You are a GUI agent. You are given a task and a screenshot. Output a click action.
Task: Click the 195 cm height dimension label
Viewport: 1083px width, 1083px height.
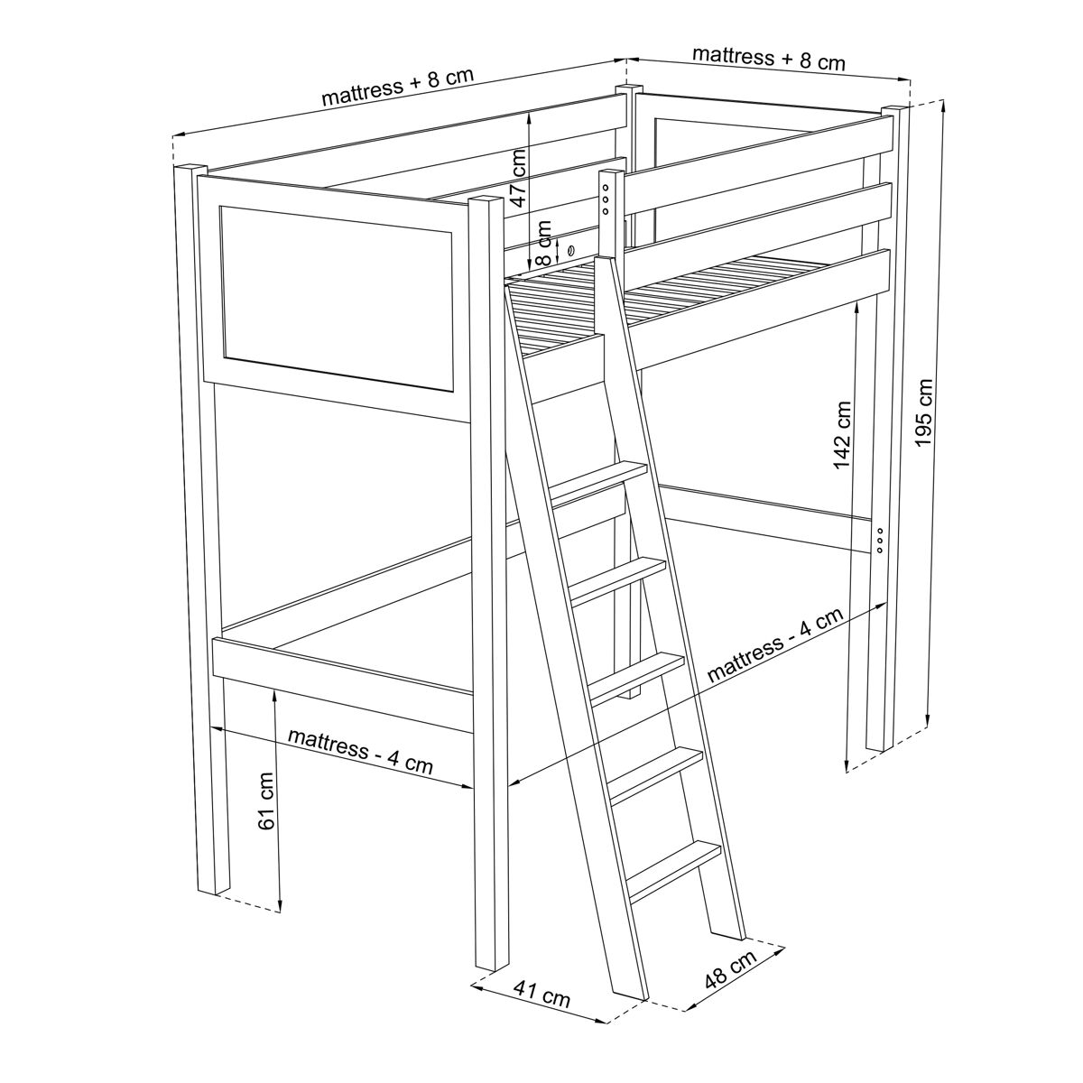click(924, 413)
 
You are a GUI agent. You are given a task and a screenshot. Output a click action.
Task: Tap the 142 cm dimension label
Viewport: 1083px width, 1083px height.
click(842, 435)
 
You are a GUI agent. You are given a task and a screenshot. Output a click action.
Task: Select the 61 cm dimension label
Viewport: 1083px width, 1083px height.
click(266, 801)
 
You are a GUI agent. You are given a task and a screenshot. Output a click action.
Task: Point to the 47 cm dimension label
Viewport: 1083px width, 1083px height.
click(518, 178)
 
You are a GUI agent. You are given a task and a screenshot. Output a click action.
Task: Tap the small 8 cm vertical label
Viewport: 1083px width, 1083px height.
click(543, 244)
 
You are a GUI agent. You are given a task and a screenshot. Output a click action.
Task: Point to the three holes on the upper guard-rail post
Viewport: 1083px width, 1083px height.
click(606, 199)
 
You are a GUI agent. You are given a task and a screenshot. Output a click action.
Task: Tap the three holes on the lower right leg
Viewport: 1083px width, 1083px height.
click(880, 539)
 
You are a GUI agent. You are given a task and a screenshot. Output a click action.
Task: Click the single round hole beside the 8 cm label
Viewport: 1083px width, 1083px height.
click(569, 251)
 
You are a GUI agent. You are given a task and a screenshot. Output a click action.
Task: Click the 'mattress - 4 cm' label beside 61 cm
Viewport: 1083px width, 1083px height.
click(360, 753)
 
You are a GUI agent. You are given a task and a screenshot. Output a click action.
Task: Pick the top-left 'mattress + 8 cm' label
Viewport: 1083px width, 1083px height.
click(397, 88)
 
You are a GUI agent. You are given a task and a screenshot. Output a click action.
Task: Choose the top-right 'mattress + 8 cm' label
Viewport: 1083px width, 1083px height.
click(769, 59)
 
